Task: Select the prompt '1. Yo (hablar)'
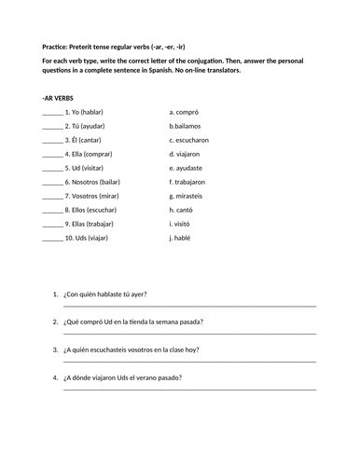(x=84, y=111)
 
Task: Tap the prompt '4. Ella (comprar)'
(x=90, y=154)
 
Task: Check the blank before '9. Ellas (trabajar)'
(x=52, y=226)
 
